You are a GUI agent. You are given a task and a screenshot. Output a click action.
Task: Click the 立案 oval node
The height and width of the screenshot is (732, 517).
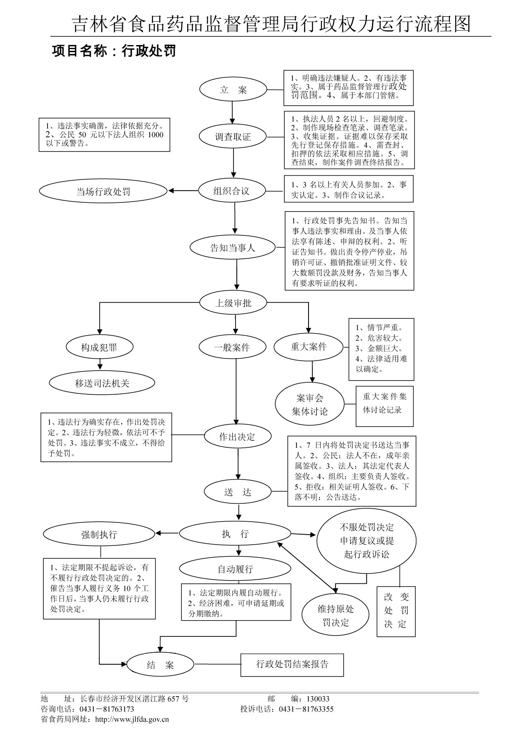tap(233, 90)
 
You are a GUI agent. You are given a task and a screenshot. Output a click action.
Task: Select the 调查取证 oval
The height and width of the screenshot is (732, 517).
tap(233, 137)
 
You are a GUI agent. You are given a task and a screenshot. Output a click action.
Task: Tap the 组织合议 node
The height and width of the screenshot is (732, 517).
tap(231, 191)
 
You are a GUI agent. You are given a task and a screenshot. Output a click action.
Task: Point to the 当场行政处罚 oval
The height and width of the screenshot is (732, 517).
tap(103, 192)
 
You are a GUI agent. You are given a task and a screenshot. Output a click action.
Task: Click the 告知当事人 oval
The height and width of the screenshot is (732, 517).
tap(233, 248)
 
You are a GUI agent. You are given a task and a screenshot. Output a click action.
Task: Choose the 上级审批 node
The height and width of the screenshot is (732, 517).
tap(233, 303)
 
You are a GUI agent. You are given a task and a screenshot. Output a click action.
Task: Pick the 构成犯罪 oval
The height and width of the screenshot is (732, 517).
tap(99, 347)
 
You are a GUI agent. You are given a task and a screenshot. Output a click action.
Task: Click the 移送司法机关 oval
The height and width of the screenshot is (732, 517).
tap(102, 383)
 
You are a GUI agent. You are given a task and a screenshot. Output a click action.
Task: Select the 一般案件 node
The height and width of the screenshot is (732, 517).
tap(232, 347)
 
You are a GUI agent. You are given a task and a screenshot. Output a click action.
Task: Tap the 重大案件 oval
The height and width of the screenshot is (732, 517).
tap(309, 347)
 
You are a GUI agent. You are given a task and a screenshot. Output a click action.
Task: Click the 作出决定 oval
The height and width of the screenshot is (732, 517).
tap(237, 437)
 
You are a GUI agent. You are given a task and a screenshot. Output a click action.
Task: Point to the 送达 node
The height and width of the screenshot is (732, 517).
tap(238, 492)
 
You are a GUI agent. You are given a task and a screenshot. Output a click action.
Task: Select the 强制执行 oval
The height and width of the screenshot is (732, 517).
tap(99, 534)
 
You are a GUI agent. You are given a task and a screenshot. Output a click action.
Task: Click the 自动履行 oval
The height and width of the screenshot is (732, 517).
tap(235, 569)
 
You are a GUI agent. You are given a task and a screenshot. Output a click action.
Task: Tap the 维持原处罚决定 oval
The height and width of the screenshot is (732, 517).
tap(336, 615)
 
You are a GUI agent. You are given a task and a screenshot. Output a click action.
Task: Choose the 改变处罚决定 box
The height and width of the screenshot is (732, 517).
tap(396, 611)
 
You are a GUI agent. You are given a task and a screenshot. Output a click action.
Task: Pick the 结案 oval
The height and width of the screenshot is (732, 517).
tap(160, 665)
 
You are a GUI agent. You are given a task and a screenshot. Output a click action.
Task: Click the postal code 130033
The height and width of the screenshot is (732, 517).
tap(318, 699)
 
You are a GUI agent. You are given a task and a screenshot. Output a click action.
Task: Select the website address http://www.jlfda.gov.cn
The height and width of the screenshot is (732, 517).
tap(132, 719)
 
